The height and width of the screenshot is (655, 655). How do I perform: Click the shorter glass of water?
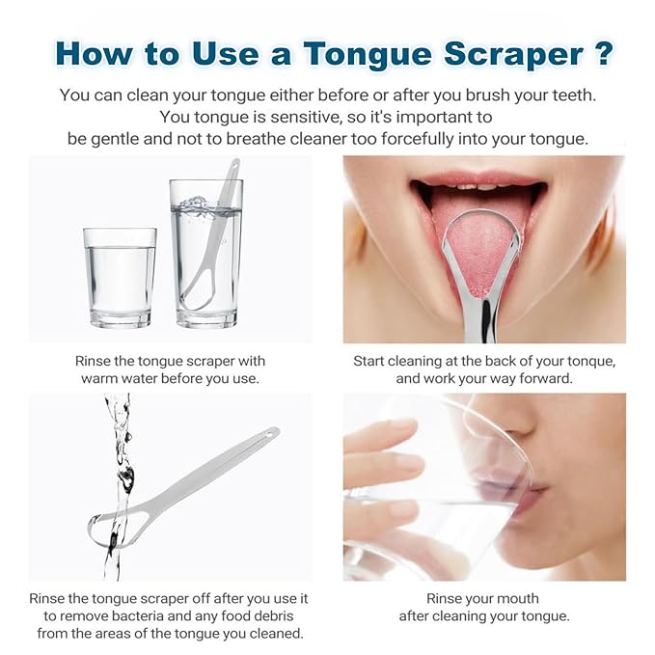(x=120, y=277)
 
